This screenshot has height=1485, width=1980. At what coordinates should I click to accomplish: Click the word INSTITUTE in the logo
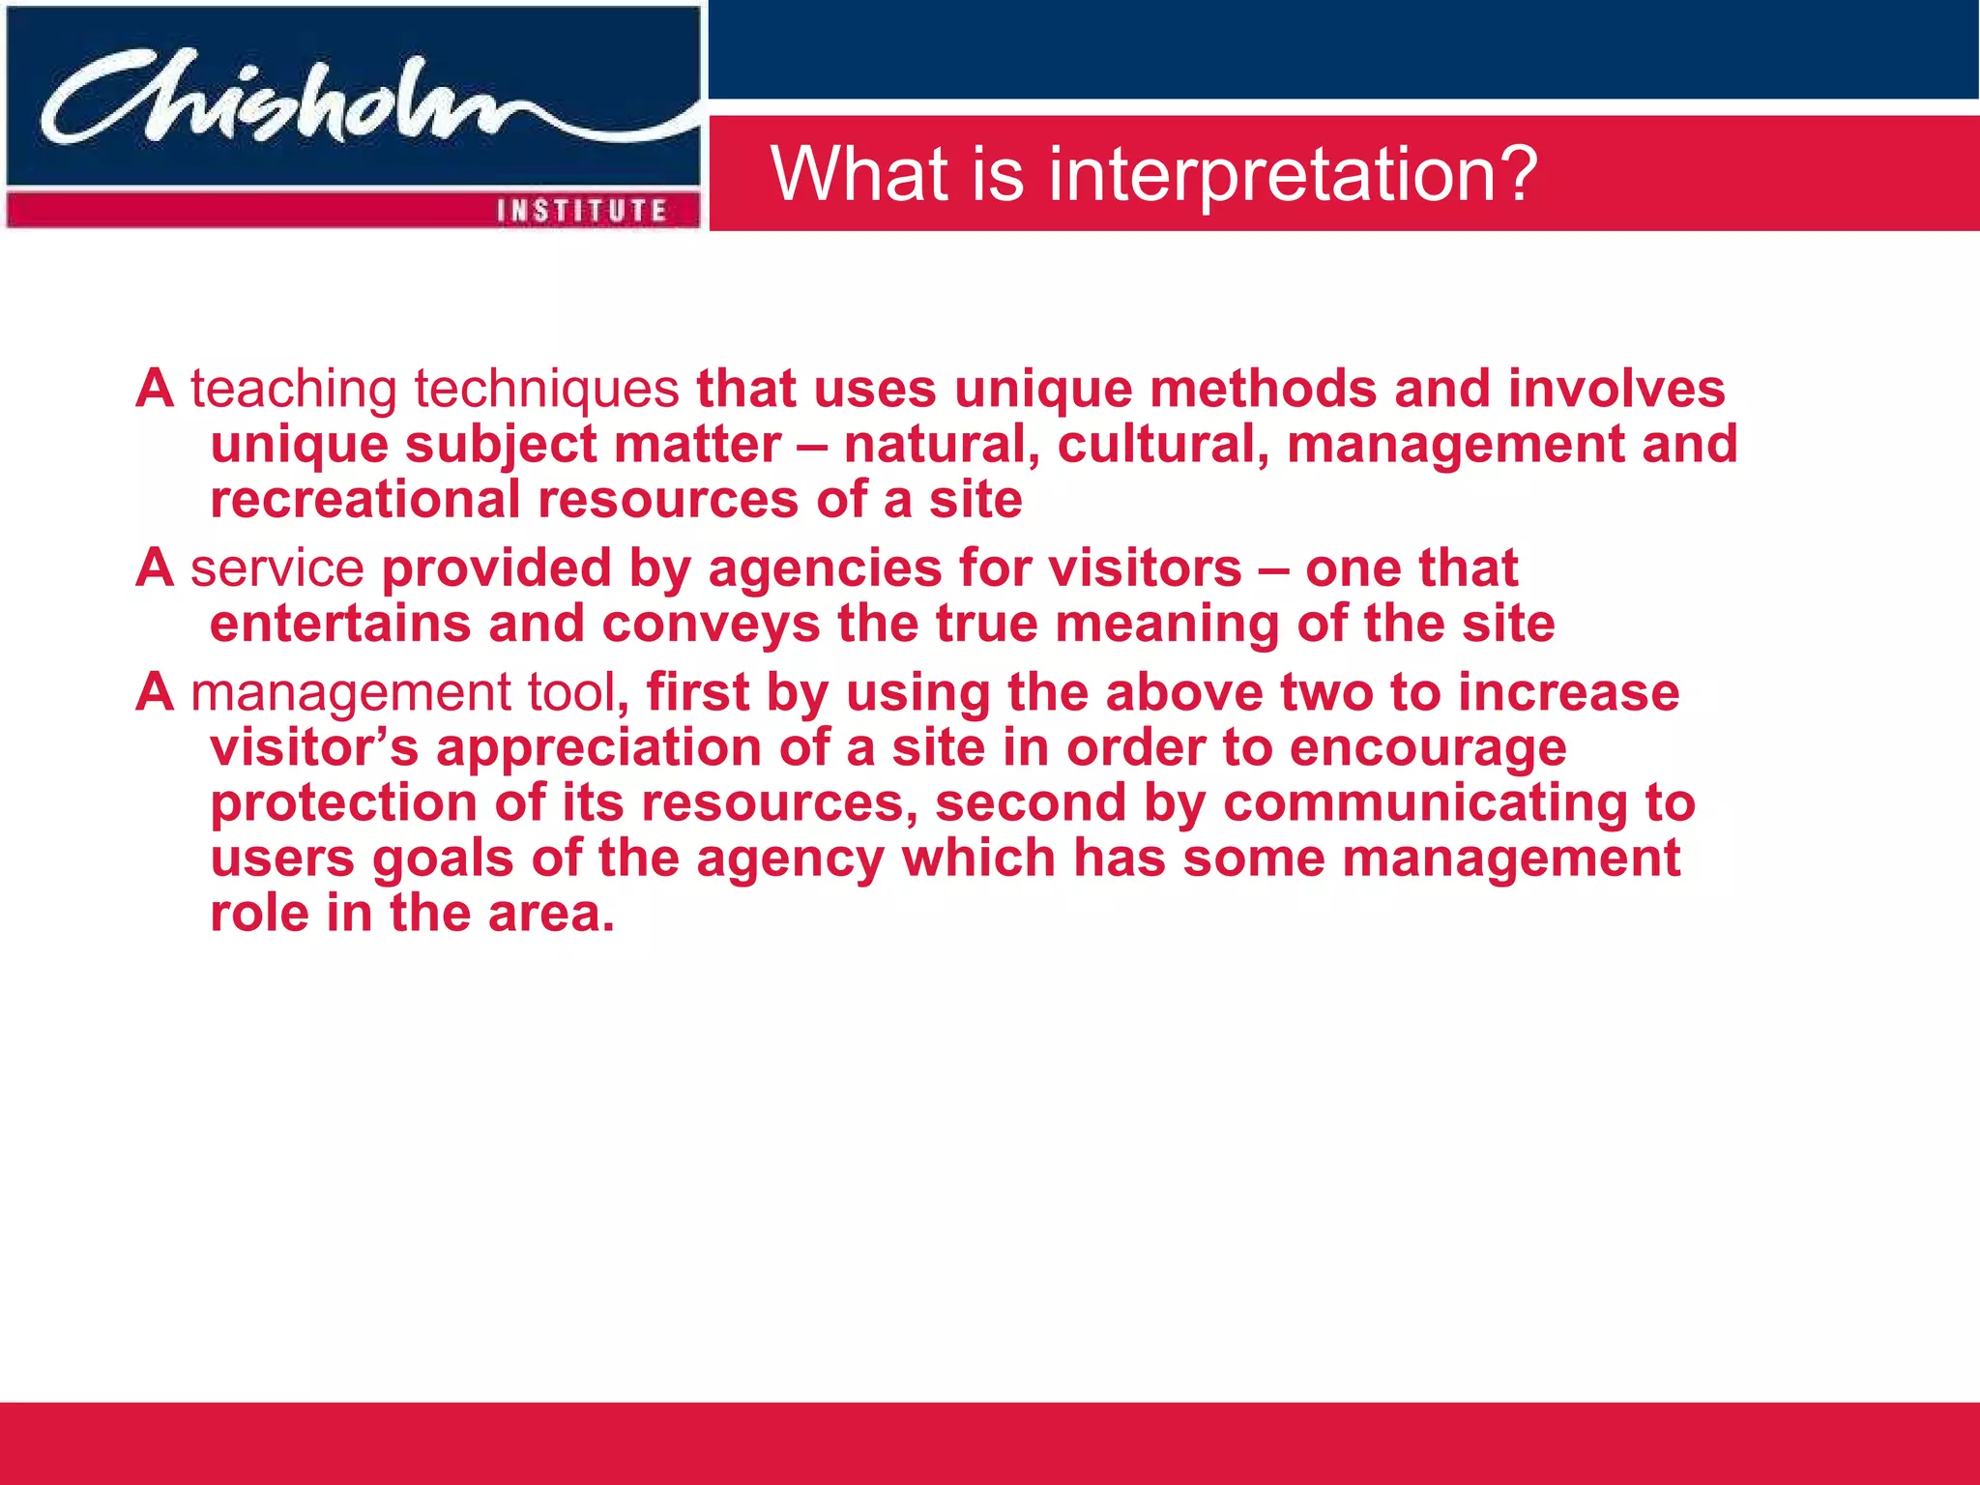click(x=582, y=211)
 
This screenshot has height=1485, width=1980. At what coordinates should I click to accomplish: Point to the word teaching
click(x=293, y=390)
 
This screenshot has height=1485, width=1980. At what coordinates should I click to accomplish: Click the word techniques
click(x=547, y=390)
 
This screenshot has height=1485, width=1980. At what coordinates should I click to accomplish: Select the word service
click(x=277, y=568)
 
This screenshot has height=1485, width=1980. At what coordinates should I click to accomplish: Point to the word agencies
click(x=825, y=568)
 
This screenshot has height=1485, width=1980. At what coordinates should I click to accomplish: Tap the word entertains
click(x=340, y=624)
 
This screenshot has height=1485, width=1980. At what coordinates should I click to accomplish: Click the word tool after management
click(x=577, y=693)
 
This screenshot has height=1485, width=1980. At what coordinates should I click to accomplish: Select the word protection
click(x=344, y=804)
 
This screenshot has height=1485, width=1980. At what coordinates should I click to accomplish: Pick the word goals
click(x=443, y=859)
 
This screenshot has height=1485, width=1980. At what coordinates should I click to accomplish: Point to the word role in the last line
click(x=259, y=914)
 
